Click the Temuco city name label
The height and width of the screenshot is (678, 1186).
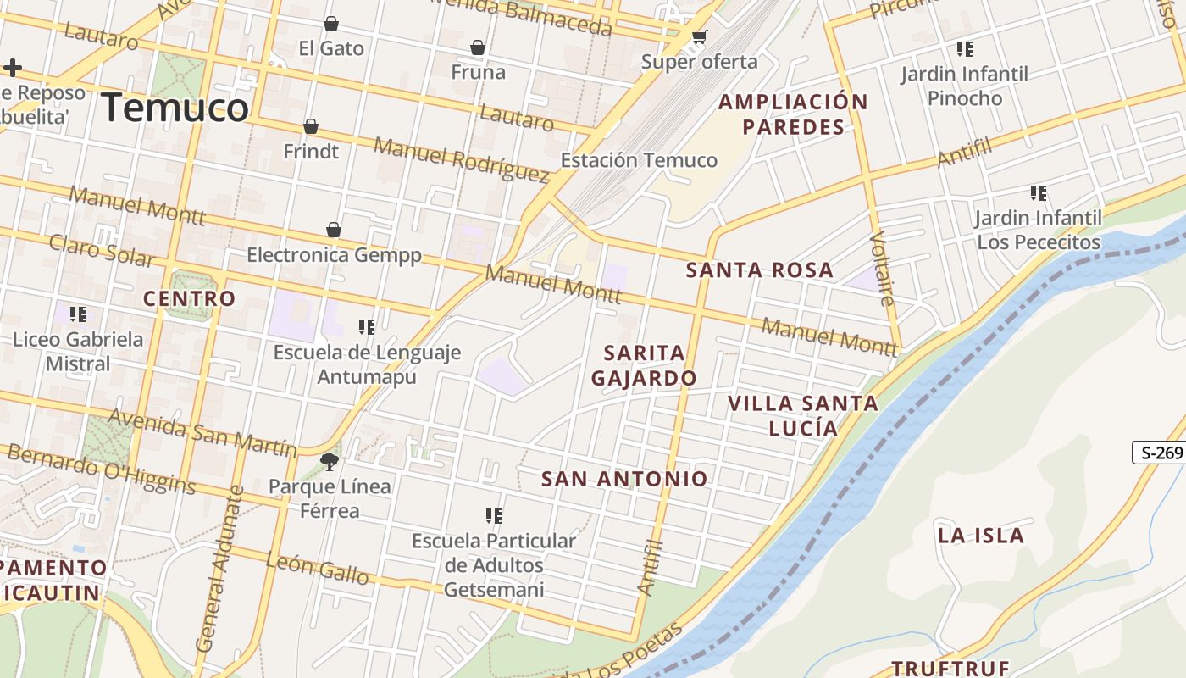click(175, 108)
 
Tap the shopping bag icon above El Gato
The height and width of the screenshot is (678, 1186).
click(331, 24)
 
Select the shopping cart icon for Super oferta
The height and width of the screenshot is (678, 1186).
click(699, 37)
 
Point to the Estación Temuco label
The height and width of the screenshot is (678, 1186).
click(639, 160)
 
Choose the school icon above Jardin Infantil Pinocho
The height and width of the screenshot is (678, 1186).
click(964, 49)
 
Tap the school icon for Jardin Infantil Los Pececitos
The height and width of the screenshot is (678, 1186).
click(1039, 193)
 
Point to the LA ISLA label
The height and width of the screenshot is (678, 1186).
click(981, 536)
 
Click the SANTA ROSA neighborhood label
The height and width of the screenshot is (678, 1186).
click(760, 270)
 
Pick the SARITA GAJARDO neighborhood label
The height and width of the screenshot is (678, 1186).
click(644, 365)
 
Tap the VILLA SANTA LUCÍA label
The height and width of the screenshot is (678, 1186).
click(803, 415)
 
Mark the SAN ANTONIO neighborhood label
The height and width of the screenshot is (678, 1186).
click(624, 479)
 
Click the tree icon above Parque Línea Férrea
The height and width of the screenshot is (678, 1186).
click(330, 462)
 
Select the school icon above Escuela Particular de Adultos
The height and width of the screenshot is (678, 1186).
click(494, 515)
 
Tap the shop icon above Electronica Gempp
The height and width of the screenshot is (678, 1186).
click(334, 230)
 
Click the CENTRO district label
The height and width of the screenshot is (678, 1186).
click(189, 298)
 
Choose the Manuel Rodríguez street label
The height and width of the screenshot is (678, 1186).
click(462, 159)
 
